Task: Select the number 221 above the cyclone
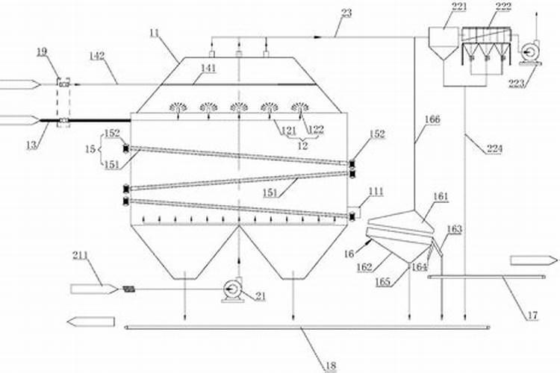point(438,8)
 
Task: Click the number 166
point(433,119)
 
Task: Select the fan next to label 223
point(531,50)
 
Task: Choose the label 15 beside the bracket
point(90,149)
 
